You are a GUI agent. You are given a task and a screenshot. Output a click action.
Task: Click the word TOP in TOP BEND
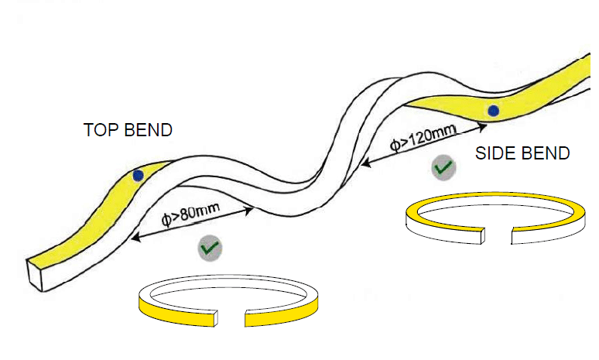tap(98, 130)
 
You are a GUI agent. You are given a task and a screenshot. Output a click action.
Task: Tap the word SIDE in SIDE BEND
tap(494, 153)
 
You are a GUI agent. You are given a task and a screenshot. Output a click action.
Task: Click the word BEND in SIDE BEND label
tap(544, 153)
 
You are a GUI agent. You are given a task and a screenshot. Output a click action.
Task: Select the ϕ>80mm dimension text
tap(190, 216)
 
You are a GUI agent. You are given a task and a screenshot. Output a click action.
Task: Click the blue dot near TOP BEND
tap(138, 176)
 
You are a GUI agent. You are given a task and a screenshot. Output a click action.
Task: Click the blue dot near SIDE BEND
tap(492, 111)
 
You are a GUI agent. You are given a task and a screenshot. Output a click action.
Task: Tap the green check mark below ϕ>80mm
tap(210, 249)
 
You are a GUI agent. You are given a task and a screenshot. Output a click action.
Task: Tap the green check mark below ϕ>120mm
tap(443, 167)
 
